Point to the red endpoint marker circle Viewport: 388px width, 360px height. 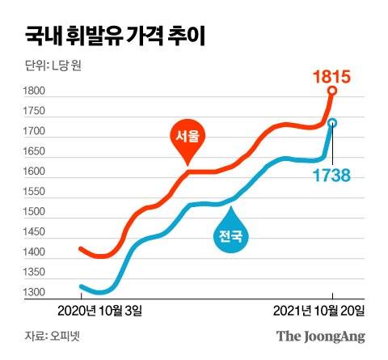click(x=332, y=91)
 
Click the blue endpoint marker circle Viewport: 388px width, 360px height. click(x=331, y=123)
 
